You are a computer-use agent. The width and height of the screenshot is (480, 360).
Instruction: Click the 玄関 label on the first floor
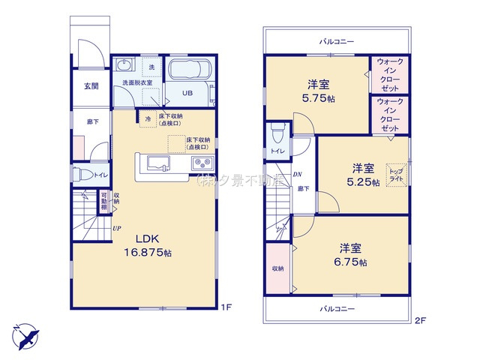[x=91, y=85]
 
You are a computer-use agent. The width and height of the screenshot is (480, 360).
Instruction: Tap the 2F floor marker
[x=420, y=320]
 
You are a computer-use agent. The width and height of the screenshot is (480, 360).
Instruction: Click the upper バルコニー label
[x=335, y=42]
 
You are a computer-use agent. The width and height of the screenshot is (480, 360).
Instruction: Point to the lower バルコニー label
[x=335, y=308]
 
